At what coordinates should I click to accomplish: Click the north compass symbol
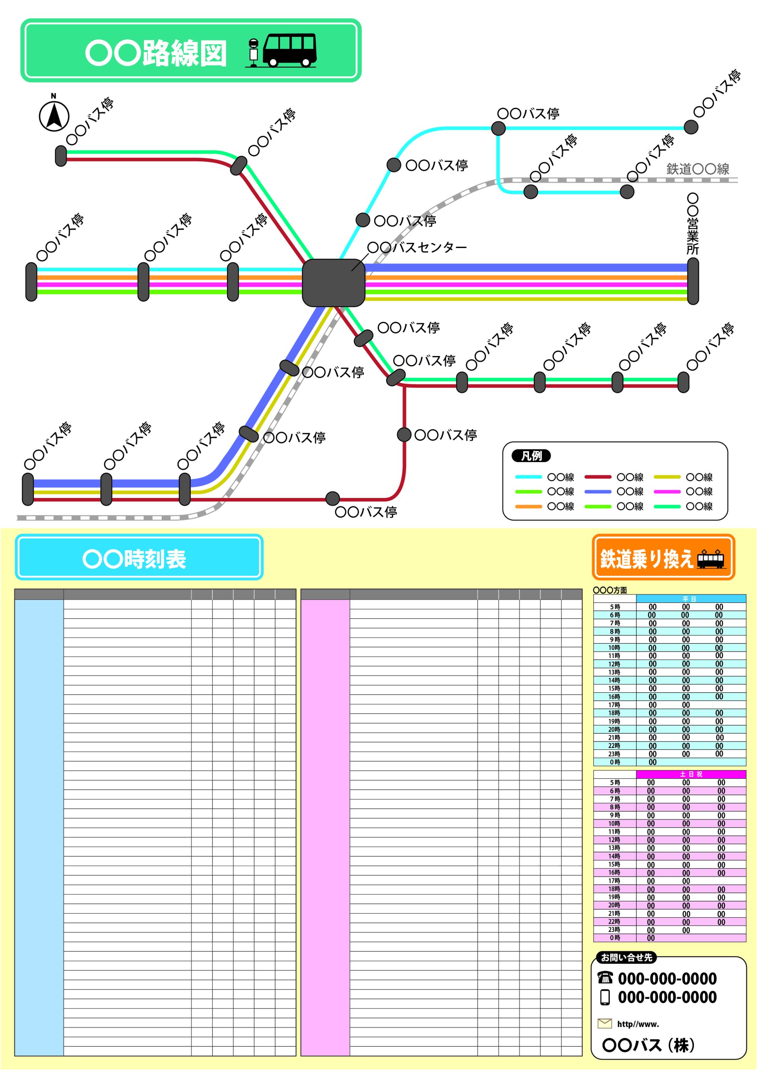(54, 115)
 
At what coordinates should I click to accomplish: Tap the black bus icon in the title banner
(289, 49)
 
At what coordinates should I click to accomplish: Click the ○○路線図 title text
(156, 53)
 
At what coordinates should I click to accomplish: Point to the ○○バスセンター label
(417, 248)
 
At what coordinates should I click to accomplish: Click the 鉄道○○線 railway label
(697, 169)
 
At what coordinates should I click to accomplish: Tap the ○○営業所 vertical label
(693, 225)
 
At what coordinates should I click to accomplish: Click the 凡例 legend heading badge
(531, 456)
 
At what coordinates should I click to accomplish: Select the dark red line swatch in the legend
(598, 477)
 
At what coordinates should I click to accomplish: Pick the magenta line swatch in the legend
(667, 492)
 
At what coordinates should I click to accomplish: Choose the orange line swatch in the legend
(528, 507)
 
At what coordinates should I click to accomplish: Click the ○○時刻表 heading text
(134, 559)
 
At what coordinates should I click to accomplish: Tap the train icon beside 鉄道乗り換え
(711, 559)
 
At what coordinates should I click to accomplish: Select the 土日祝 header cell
(692, 774)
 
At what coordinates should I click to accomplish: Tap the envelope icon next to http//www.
(604, 1023)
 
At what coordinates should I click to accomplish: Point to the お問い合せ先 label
(626, 958)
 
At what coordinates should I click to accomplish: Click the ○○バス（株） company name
(649, 1045)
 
